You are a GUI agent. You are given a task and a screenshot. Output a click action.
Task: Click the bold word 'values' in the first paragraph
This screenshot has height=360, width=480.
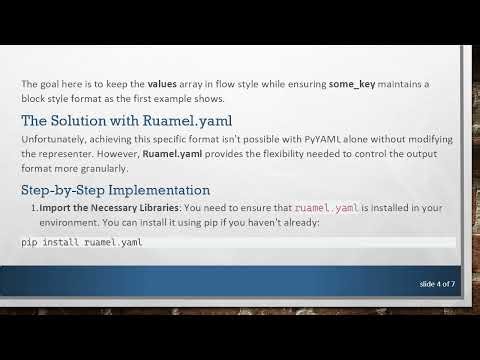(166, 83)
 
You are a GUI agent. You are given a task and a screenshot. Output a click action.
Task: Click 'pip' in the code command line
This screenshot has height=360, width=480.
(29, 243)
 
